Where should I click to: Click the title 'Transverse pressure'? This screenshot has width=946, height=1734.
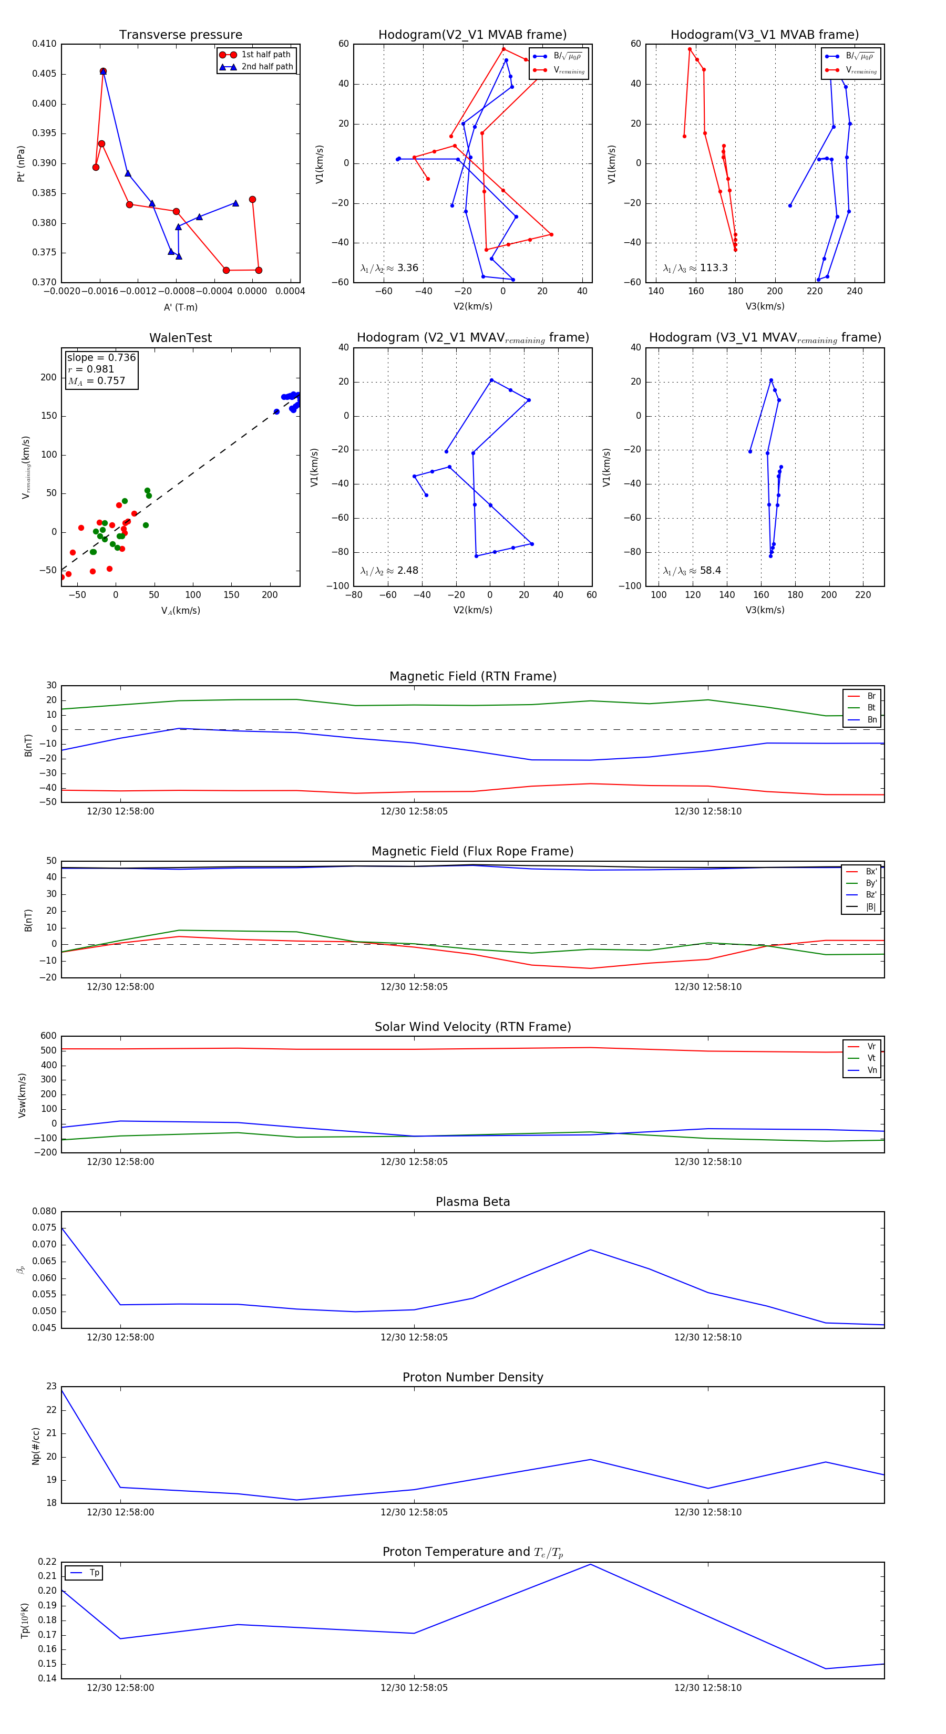click(180, 35)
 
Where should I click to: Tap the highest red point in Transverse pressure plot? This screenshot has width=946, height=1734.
click(103, 71)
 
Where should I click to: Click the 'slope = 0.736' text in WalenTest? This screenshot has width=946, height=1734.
click(101, 357)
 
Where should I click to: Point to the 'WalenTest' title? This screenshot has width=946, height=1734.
click(180, 338)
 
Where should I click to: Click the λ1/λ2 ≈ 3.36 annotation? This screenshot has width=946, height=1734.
click(389, 268)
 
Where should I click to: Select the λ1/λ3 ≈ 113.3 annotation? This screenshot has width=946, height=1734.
click(695, 268)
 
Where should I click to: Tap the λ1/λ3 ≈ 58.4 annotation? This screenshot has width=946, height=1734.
click(692, 571)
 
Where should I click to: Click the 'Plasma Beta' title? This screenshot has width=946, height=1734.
click(472, 1202)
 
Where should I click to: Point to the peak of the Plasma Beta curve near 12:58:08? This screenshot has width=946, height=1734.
click(591, 1250)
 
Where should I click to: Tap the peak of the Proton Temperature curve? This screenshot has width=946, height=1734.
click(591, 1564)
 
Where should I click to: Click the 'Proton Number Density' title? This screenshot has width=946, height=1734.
click(472, 1377)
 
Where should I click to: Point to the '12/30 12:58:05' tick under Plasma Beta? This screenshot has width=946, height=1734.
click(414, 1337)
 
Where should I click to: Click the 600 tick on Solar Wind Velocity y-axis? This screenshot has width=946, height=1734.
click(48, 1036)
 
